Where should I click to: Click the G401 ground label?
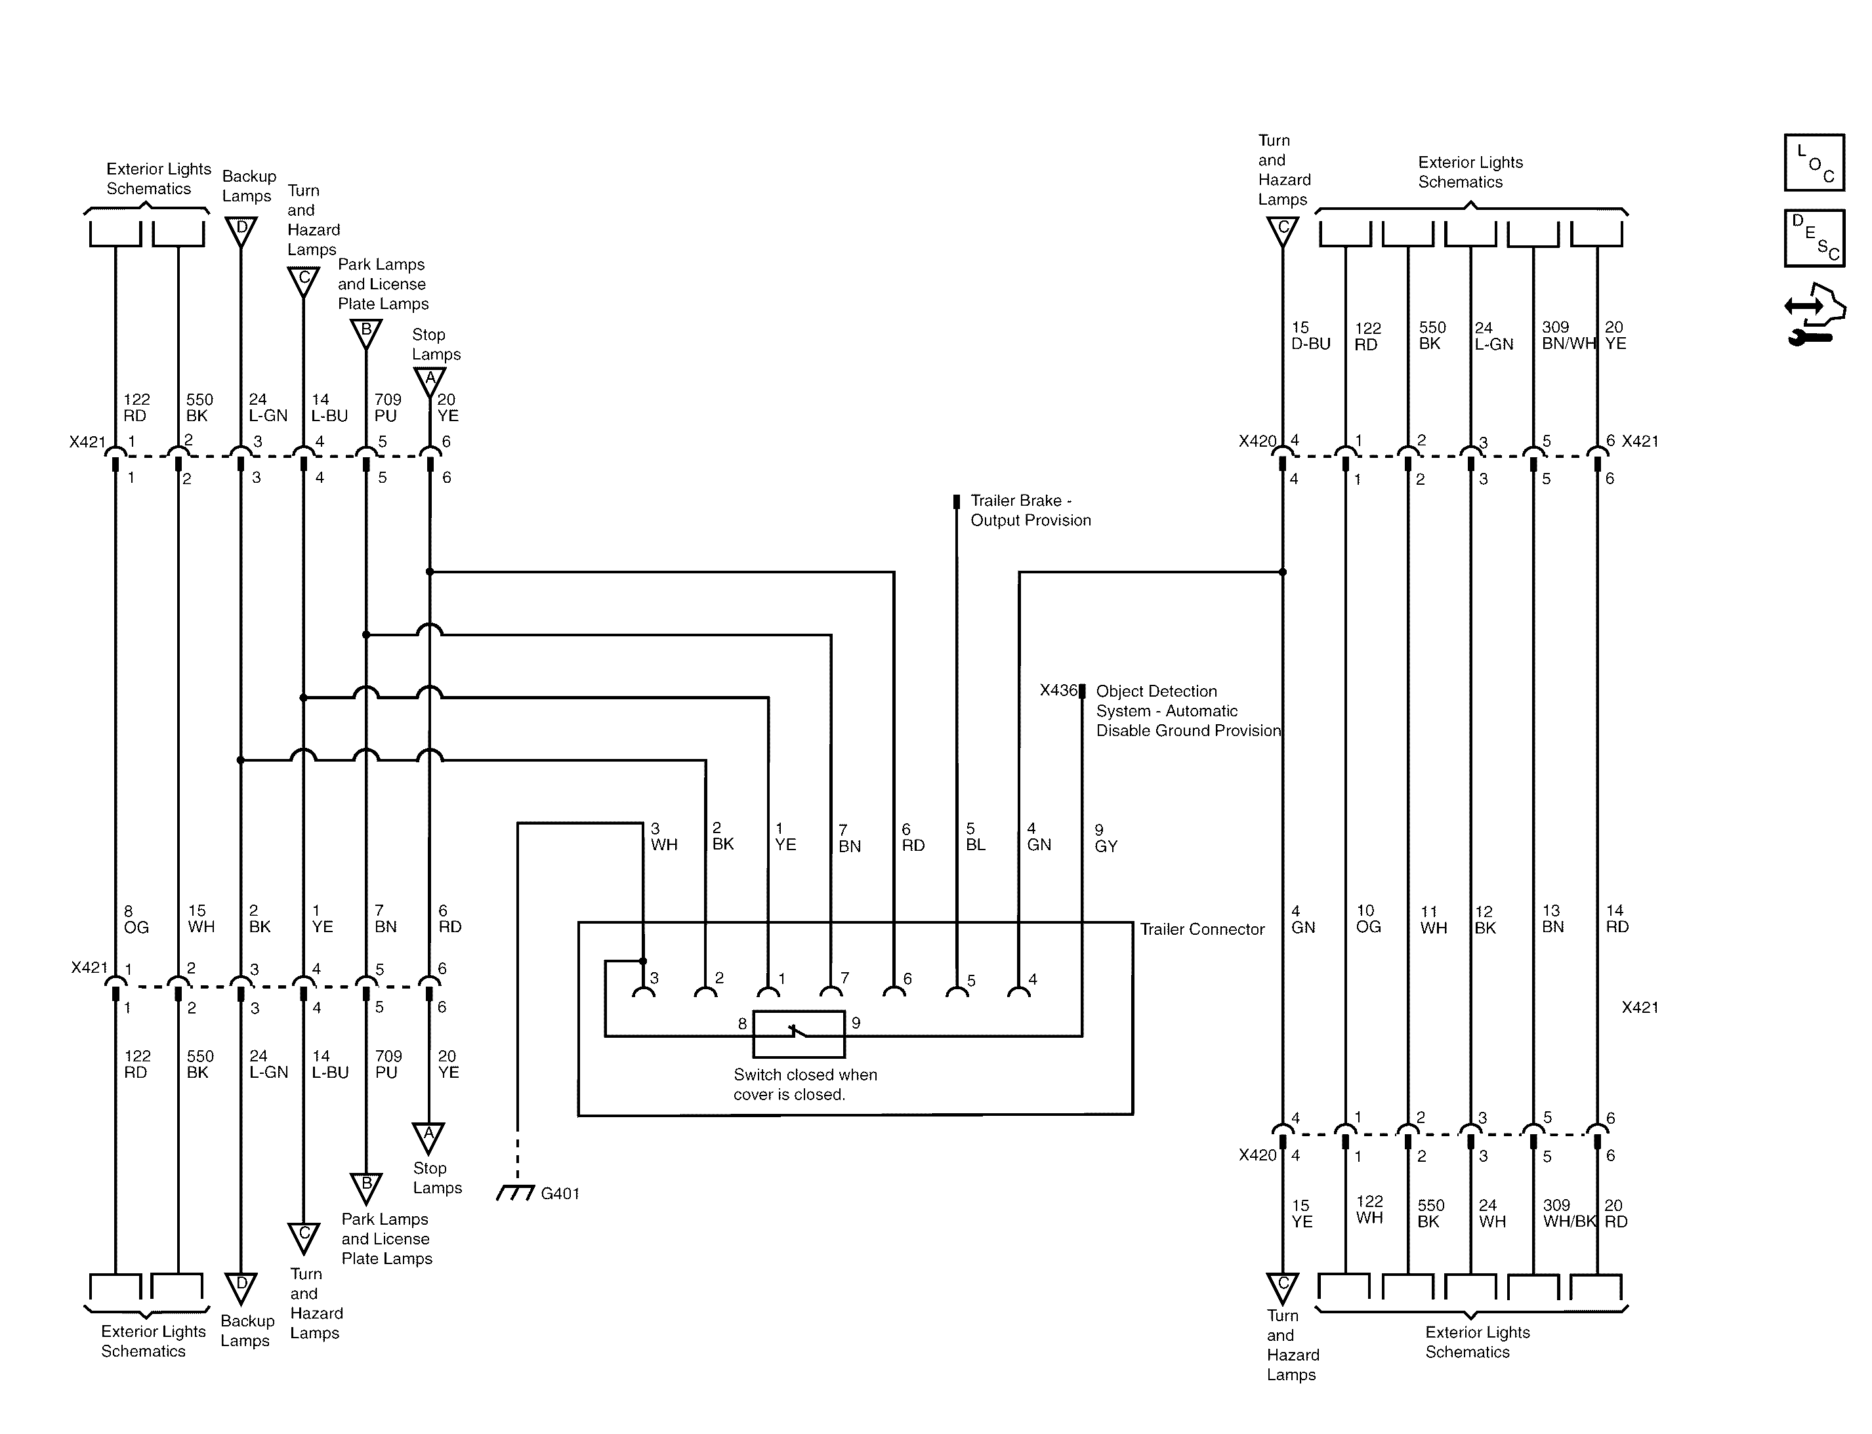[560, 1193]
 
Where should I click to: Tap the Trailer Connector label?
[1202, 930]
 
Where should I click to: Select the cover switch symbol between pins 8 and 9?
[798, 1034]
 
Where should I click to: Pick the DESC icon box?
[1814, 238]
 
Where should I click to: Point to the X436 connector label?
[1058, 691]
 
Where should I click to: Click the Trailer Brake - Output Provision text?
[1030, 510]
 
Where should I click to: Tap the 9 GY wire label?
[1106, 838]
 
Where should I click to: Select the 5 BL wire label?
[975, 836]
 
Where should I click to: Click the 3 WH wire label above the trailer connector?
[663, 836]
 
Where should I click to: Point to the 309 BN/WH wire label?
[1568, 335]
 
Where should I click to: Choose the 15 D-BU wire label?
[1310, 335]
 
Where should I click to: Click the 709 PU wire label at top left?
[386, 407]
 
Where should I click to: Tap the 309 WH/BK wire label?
[1569, 1213]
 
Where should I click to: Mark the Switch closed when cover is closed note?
[805, 1084]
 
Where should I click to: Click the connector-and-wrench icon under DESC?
[1814, 314]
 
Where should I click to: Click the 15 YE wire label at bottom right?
[1301, 1213]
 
